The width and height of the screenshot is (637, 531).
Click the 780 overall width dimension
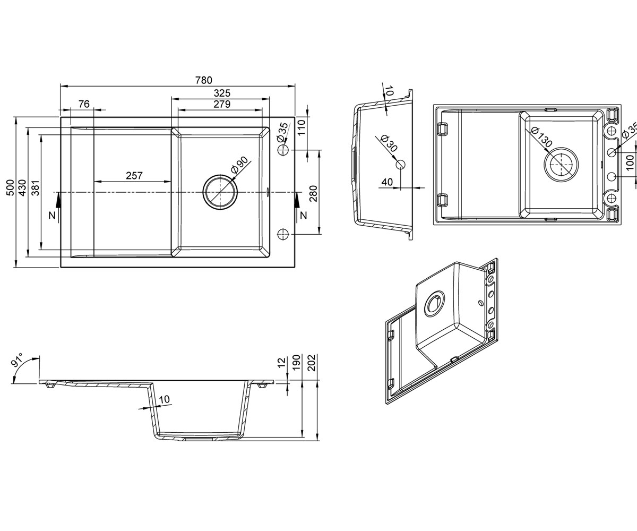coord(203,80)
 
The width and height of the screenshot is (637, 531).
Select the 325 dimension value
coord(222,93)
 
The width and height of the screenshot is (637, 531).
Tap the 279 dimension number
coord(222,104)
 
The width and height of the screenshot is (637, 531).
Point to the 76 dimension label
coord(84,104)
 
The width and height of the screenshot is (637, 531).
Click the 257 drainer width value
coord(134,175)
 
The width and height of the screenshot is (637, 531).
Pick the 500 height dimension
coord(10,187)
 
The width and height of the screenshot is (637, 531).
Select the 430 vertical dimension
coord(22,187)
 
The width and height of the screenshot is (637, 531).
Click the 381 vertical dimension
coord(36,187)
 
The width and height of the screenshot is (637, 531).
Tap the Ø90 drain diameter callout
coord(239,165)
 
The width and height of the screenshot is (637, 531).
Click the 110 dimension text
coord(301,128)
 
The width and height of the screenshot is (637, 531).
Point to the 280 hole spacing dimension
coord(313,194)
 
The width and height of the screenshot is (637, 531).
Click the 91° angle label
coord(17,359)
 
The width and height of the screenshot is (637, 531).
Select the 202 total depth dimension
coord(312,363)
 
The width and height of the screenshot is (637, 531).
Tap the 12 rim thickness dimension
coord(281,362)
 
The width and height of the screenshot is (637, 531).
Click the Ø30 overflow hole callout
coord(389,143)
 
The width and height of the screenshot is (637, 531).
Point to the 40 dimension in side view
coord(387,182)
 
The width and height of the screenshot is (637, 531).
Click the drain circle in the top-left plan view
coord(220,192)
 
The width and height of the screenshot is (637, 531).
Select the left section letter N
coord(53,215)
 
